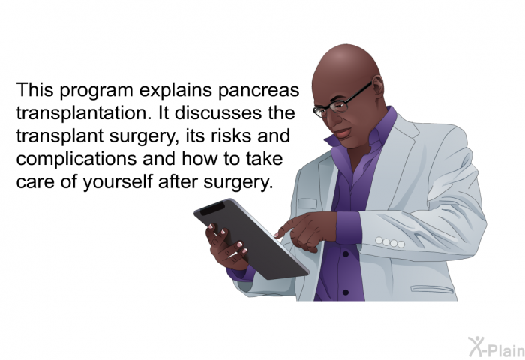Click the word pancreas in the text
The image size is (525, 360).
pos(259,91)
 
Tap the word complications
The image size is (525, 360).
pos(76,159)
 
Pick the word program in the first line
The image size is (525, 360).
pos(97,91)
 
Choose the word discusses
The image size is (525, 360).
pos(218,112)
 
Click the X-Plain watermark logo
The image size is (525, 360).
pos(496,347)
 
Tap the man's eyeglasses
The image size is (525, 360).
pos(341,100)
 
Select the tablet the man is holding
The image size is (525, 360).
pos(251,238)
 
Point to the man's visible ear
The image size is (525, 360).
pos(378,86)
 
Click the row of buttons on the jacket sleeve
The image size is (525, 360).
pos(390,241)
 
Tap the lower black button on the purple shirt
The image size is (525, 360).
pos(346,292)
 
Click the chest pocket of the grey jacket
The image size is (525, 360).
pos(307,203)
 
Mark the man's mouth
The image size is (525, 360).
pos(342,133)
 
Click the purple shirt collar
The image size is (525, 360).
pos(365,130)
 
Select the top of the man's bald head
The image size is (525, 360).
pos(346,50)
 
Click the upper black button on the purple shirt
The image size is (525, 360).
pos(346,254)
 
